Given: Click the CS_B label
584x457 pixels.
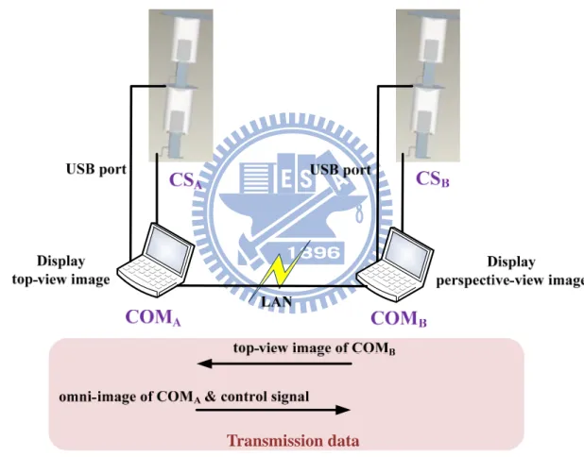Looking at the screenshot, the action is click(x=433, y=179).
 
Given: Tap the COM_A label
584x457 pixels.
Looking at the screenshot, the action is click(x=153, y=318).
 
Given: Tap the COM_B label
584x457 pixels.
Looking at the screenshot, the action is click(x=399, y=318).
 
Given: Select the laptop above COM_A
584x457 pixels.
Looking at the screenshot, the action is click(x=156, y=261).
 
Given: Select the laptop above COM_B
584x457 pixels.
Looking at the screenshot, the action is click(x=395, y=265).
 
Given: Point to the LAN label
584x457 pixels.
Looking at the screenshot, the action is click(x=277, y=302).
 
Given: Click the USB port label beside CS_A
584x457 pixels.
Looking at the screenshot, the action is click(x=96, y=169).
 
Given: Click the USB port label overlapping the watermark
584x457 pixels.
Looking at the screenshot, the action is click(x=340, y=171).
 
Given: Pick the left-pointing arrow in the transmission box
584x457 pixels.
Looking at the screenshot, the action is click(x=274, y=364).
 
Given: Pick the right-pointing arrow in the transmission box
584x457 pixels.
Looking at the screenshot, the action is click(x=273, y=410).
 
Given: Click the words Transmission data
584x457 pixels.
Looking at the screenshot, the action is click(x=293, y=441).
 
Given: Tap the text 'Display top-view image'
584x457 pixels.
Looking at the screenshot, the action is click(x=61, y=270).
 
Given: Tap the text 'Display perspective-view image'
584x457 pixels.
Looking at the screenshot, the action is click(x=510, y=271).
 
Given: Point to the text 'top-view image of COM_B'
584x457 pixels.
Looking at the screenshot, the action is click(x=315, y=348).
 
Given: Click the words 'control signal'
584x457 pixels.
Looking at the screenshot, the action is click(x=265, y=397).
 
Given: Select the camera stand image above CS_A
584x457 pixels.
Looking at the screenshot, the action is click(x=181, y=86).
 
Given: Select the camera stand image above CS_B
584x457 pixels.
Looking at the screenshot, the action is click(x=428, y=86).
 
